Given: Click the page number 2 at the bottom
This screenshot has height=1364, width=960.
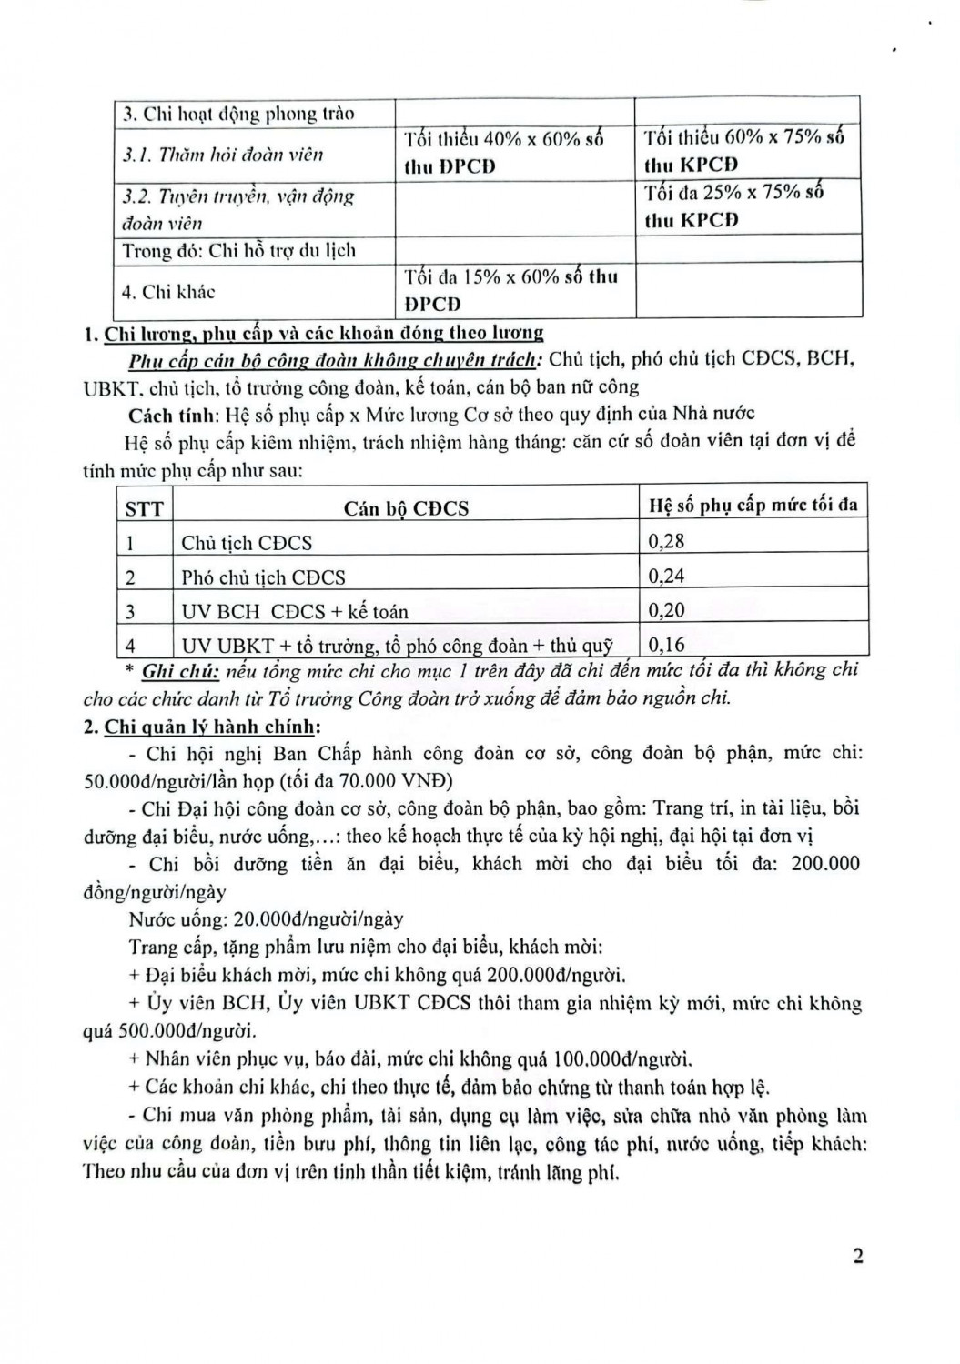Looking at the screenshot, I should click(857, 1256).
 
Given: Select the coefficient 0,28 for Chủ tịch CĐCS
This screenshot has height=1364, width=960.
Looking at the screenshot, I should click(666, 541).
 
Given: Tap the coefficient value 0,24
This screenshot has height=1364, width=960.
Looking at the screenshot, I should click(666, 576).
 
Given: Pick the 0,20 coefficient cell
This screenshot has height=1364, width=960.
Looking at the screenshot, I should click(666, 610).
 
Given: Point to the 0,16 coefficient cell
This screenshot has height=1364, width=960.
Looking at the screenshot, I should click(666, 645).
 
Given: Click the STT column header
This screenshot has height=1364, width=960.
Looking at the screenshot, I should click(144, 507).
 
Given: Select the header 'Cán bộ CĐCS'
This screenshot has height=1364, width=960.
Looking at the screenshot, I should click(406, 507).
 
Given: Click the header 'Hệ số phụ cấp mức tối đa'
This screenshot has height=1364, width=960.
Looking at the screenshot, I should click(753, 506).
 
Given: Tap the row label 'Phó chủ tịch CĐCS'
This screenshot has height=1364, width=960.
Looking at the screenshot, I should click(263, 577).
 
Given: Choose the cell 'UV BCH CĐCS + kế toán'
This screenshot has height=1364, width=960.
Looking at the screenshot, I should click(294, 611).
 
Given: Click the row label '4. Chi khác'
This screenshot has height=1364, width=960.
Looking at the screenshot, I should click(168, 292).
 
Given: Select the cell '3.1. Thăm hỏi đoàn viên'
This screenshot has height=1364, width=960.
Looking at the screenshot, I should click(223, 155).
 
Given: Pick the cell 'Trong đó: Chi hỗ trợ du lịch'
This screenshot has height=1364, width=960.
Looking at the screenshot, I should click(238, 250).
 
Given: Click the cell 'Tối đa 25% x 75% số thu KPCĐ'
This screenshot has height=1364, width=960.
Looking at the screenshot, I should click(733, 206).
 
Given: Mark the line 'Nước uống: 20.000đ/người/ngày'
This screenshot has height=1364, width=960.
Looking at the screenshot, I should click(266, 919).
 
